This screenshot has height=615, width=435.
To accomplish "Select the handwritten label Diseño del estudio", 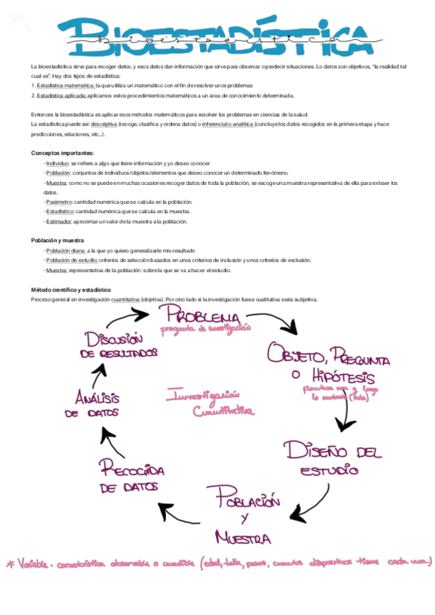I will tap(330, 458).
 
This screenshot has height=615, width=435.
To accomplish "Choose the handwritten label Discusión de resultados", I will tap(120, 345).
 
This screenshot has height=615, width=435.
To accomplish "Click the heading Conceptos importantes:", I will tap(62, 153).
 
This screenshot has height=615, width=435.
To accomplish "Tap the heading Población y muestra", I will tap(57, 240).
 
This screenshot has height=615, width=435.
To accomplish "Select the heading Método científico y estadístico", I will tap(70, 289).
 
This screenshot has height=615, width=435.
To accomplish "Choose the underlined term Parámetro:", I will tap(59, 202).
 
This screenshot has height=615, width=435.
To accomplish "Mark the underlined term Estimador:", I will tap(59, 221).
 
